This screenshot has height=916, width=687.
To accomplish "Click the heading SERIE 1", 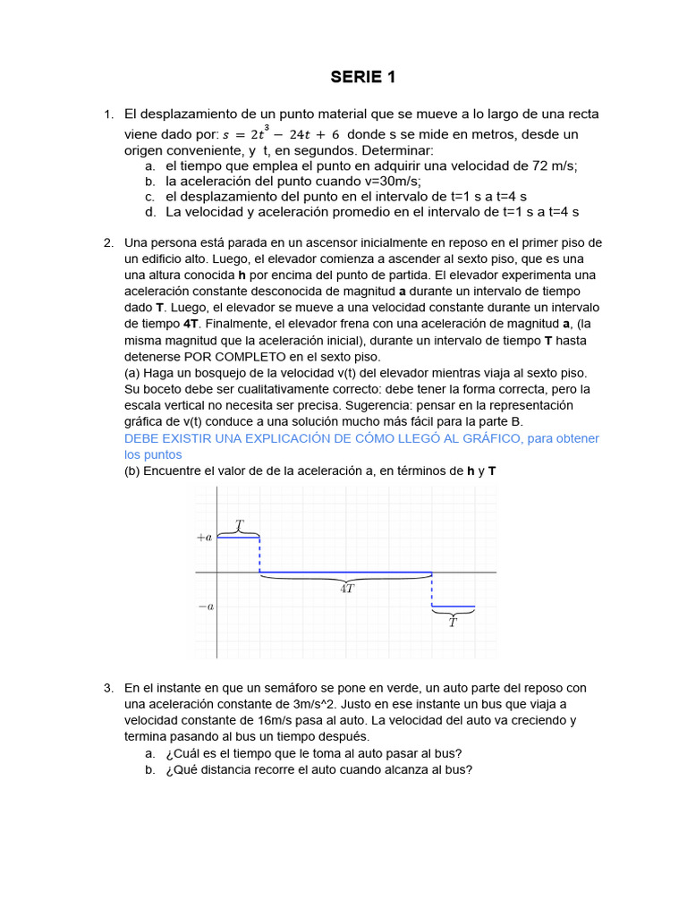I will coord(362,78).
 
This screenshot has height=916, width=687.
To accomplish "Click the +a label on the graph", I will coord(204,538).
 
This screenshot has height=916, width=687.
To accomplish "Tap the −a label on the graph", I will coord(205,606).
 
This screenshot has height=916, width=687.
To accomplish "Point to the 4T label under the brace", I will coord(347,590).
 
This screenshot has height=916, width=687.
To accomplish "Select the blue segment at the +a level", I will coord(239,538).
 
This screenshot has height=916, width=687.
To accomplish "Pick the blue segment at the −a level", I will coord(453,607).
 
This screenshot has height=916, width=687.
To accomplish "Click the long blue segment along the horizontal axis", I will coord(345,572).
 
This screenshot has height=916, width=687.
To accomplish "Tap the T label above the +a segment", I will coord(239,524).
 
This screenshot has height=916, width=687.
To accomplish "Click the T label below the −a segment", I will coord(453,623).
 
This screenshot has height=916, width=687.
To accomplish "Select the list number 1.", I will coord(107,114).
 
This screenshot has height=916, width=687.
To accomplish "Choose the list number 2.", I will coord(107,242).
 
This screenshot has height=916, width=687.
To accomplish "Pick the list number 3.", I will coord(107,688).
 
